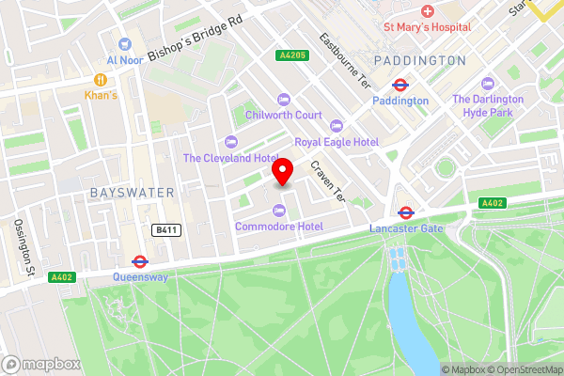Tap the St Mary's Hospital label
(426, 27)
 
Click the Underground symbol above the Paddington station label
(399, 84)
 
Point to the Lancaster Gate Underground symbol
(406, 212)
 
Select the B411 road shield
(166, 228)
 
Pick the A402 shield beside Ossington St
(63, 276)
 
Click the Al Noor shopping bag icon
(122, 43)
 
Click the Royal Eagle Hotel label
(337, 141)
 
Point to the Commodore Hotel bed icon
(278, 211)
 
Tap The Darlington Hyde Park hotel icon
(486, 84)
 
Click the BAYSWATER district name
(133, 192)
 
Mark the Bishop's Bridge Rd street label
(195, 34)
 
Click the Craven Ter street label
(328, 180)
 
